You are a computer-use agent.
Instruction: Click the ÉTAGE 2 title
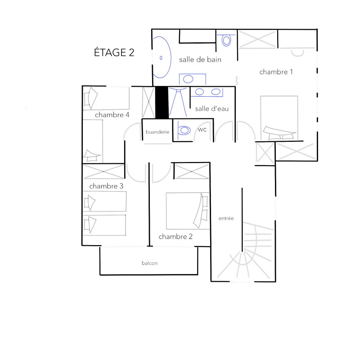click(114, 52)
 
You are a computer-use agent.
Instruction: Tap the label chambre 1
click(276, 72)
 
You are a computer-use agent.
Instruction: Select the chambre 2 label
click(175, 237)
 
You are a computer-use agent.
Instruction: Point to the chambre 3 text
click(106, 186)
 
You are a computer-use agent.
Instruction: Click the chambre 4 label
click(112, 115)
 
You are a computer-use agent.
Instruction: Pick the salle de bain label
click(200, 60)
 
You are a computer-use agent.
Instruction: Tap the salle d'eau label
click(211, 108)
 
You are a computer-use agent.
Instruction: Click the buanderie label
click(157, 132)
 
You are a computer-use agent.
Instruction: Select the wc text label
click(202, 130)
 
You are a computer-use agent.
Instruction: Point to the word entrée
click(226, 218)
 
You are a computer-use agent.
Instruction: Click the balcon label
click(150, 263)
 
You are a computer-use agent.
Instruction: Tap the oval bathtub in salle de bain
click(162, 58)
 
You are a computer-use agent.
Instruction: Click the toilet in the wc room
click(184, 130)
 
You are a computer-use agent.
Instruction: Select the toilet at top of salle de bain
click(226, 40)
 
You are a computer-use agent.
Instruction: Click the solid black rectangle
click(162, 103)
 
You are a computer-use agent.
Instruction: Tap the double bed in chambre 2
click(188, 211)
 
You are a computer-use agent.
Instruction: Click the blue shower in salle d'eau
click(178, 102)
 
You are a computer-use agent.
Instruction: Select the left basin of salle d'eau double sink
click(199, 92)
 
